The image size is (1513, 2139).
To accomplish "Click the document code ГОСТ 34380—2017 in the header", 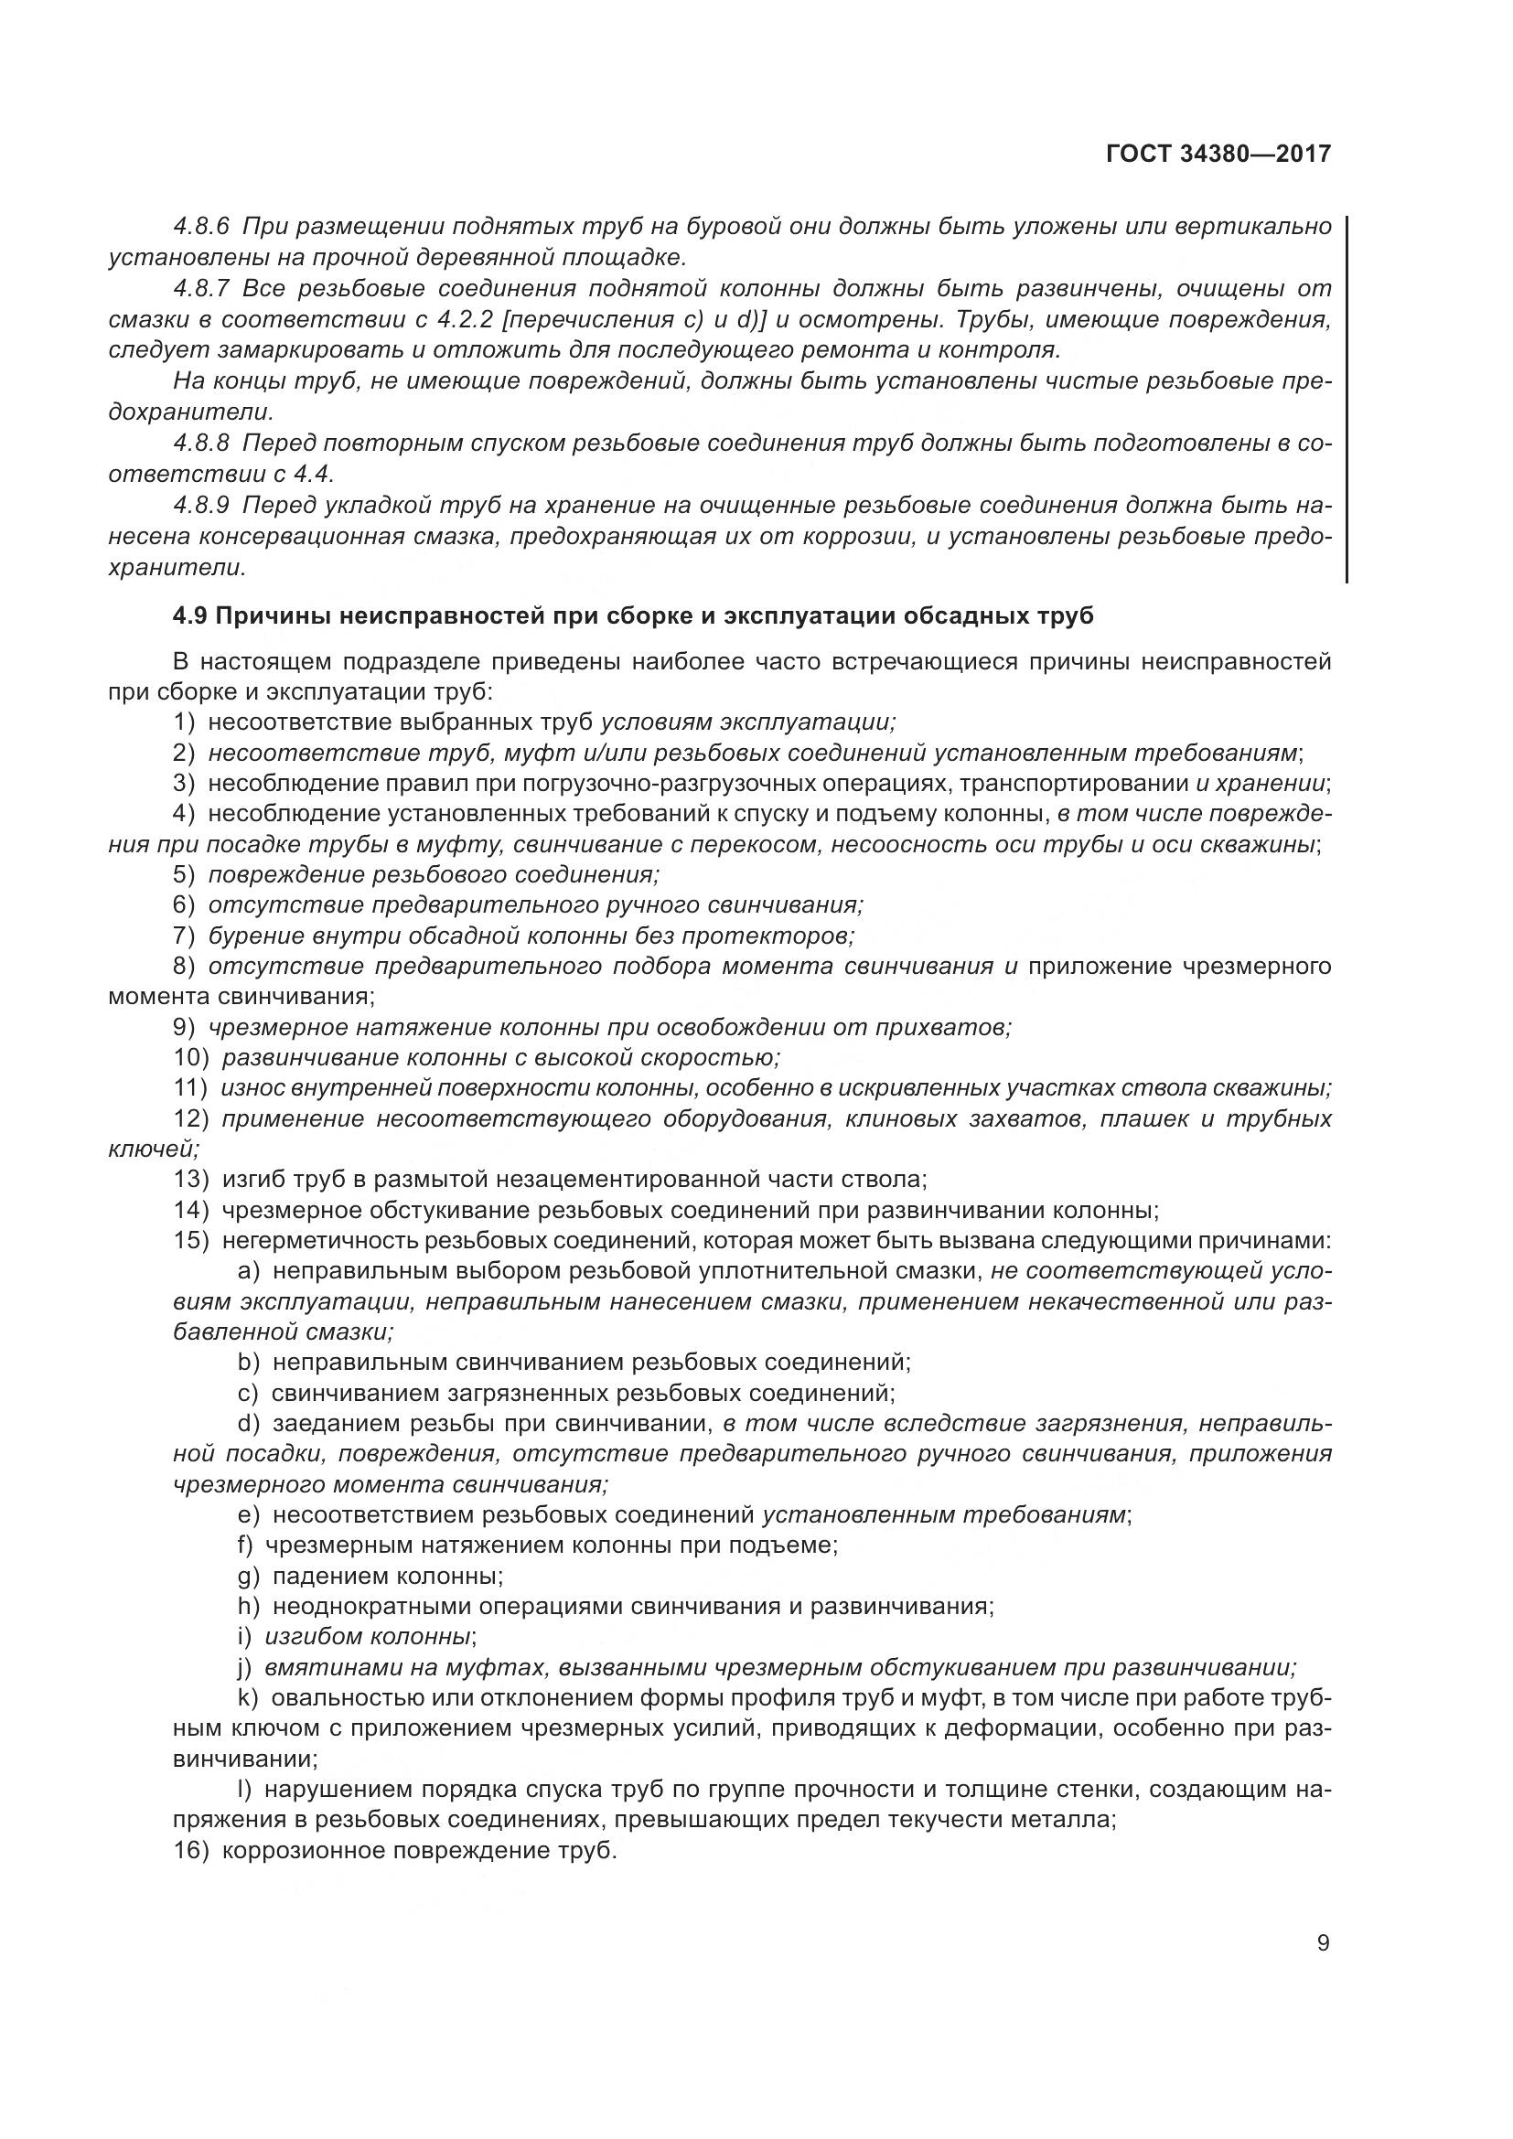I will tap(1218, 154).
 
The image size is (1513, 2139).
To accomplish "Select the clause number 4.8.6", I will tap(201, 227).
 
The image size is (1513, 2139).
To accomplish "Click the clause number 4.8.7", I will tap(201, 288).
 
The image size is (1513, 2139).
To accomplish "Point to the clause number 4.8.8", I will tap(201, 443).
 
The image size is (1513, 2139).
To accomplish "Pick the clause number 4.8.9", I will tap(201, 505).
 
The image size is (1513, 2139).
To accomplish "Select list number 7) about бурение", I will tap(185, 936).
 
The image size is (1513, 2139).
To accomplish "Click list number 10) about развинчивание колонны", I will tap(191, 1058).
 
